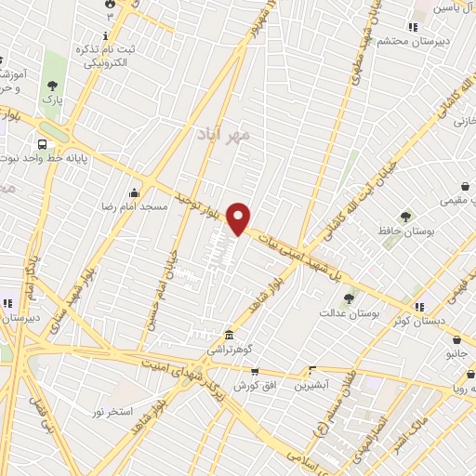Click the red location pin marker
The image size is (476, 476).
(239, 218)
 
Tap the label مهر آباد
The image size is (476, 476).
(224, 136)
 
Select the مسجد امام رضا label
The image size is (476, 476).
(135, 205)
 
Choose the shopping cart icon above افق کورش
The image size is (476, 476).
(254, 371)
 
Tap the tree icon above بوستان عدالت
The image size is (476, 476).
(349, 298)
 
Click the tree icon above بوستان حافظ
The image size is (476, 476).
(405, 217)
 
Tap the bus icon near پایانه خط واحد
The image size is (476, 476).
(43, 144)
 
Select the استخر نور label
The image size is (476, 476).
(112, 410)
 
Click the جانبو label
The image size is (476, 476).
(456, 353)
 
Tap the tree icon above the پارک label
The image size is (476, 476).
(50, 86)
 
